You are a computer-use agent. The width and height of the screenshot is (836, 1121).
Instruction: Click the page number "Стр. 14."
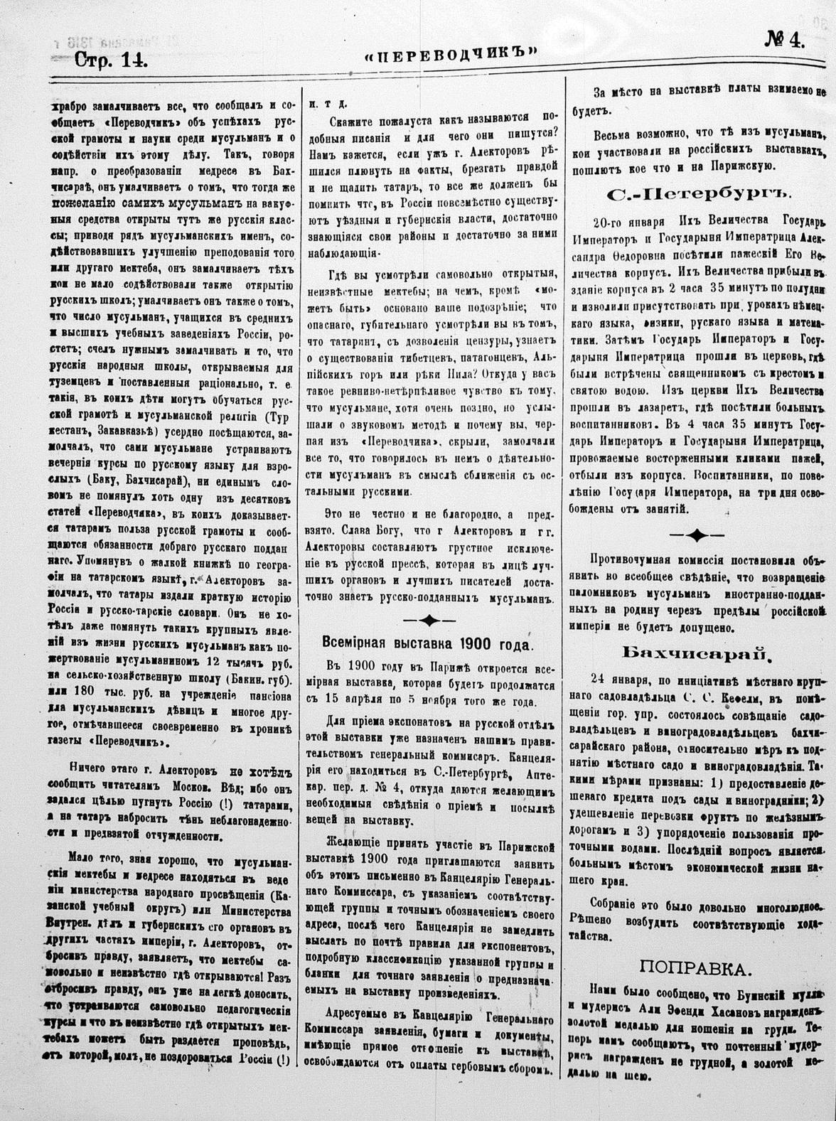pyautogui.click(x=111, y=60)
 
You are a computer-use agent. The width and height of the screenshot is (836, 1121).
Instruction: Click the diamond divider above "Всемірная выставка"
pyautogui.click(x=429, y=621)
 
